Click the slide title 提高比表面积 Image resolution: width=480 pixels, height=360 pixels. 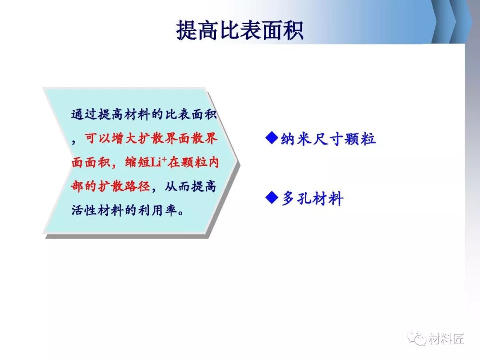[x=240, y=30]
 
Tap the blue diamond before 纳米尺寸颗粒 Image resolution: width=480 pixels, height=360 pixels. [x=272, y=138]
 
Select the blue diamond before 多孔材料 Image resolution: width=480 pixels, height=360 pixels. [x=272, y=197]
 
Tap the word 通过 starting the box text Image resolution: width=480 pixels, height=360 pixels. [x=84, y=114]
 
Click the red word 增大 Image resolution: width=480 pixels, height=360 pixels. [x=124, y=138]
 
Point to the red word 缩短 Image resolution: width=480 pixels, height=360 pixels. [x=137, y=162]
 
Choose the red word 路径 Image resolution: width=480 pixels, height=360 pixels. [x=137, y=186]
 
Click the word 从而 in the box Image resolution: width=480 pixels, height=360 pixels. [x=177, y=186]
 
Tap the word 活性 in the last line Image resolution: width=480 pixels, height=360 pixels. [x=84, y=210]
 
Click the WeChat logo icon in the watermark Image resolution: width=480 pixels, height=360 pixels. [x=416, y=339]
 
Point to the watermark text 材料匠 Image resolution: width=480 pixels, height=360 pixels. [x=446, y=339]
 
